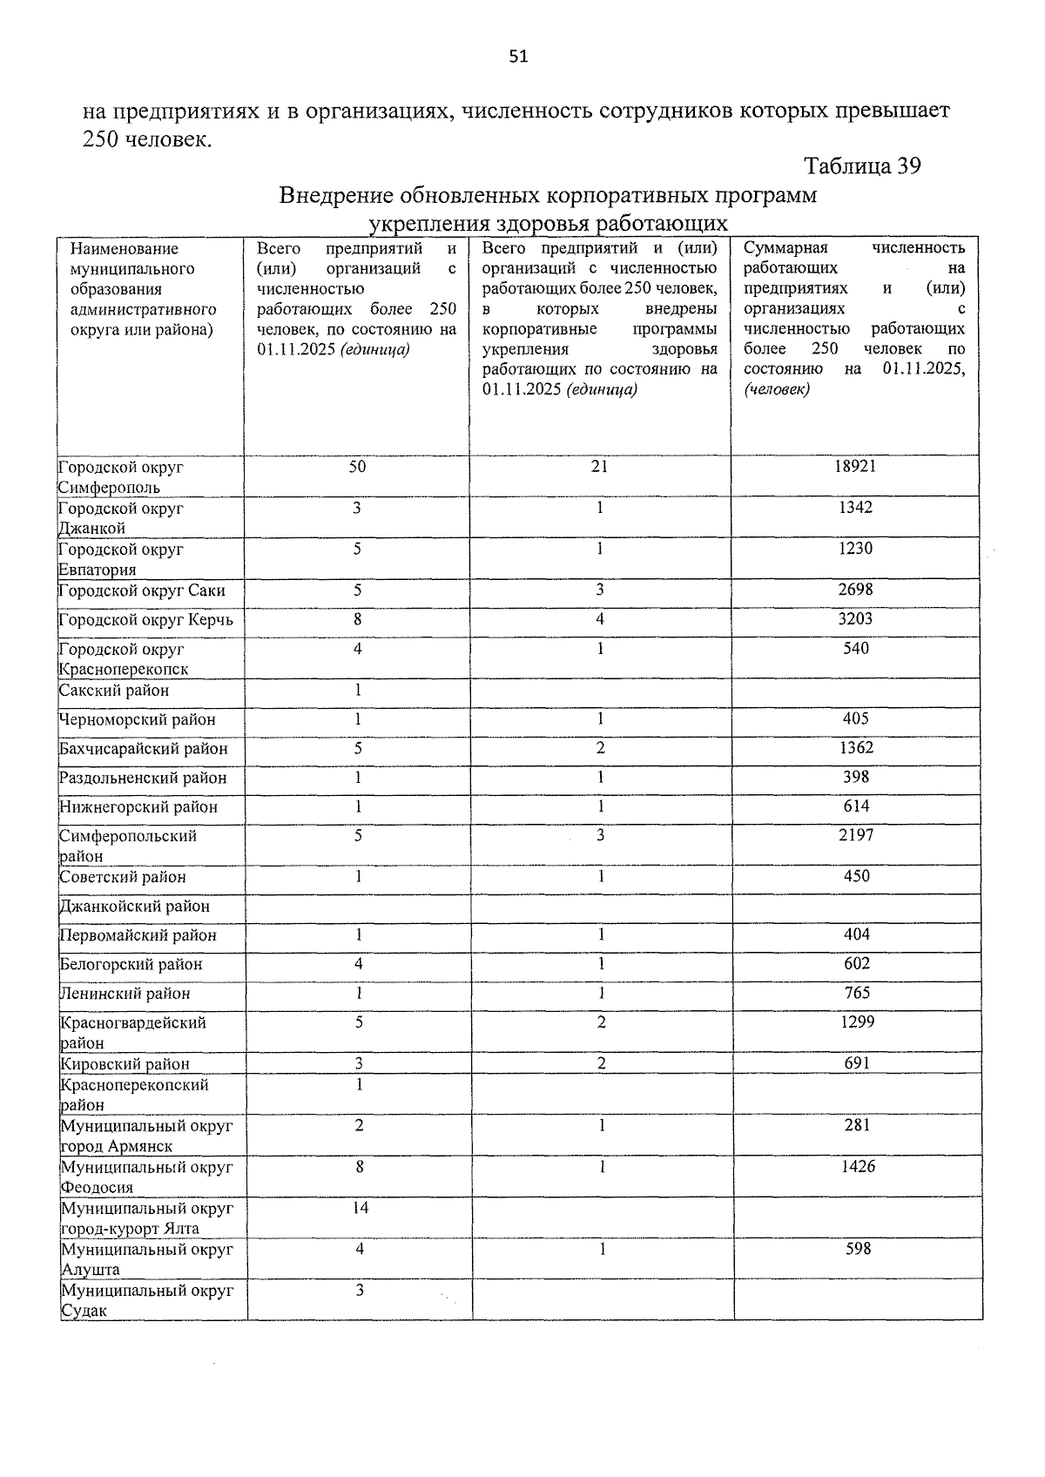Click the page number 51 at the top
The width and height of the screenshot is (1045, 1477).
(x=518, y=57)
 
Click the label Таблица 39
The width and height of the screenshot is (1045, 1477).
(x=861, y=165)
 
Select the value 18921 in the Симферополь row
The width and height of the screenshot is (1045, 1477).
(x=855, y=466)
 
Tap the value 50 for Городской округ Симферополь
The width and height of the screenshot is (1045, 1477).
(x=357, y=466)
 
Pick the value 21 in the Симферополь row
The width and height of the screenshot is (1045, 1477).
(x=599, y=466)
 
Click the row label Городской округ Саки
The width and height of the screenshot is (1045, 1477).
(x=142, y=591)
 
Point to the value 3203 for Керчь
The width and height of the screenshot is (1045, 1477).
(x=855, y=619)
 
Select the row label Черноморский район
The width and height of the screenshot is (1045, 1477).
(x=138, y=720)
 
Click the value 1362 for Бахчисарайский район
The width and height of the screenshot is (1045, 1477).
(x=856, y=748)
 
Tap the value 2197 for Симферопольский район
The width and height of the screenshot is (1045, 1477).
(x=856, y=835)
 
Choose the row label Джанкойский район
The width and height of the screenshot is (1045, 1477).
(x=135, y=907)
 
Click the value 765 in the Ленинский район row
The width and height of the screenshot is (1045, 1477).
(x=857, y=993)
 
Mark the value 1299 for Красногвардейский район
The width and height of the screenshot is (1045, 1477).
(x=857, y=1022)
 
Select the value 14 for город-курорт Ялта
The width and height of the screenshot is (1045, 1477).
(x=360, y=1208)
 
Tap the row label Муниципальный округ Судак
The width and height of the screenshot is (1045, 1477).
(x=146, y=1300)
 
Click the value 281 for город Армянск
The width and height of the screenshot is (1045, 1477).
(x=857, y=1125)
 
